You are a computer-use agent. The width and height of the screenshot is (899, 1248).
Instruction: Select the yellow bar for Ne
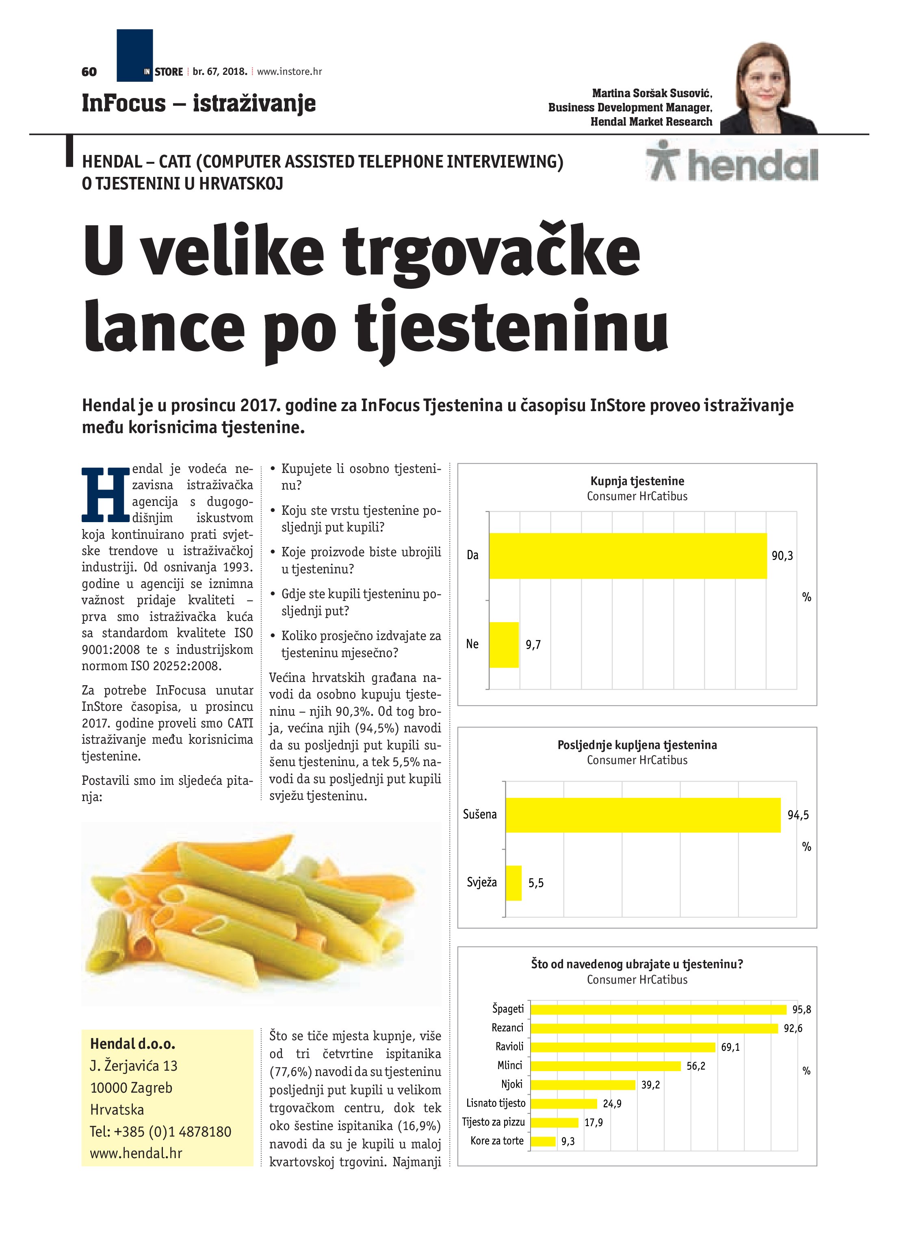(x=504, y=645)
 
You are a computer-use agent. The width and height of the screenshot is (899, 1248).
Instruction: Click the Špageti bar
(x=658, y=1009)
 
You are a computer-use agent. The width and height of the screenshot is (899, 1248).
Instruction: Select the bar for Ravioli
(x=622, y=1047)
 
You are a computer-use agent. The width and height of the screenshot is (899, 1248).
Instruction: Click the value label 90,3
(x=782, y=556)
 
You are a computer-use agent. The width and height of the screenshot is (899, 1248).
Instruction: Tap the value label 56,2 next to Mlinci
(x=695, y=1066)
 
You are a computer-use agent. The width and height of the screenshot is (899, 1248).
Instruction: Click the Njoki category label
(x=511, y=1084)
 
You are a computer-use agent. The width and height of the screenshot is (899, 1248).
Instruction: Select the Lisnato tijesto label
(x=496, y=1103)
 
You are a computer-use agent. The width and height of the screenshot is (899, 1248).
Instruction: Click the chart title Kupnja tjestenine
(x=637, y=481)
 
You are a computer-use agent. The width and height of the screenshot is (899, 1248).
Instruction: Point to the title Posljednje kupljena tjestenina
(x=637, y=745)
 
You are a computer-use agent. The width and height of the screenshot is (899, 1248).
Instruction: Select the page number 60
(x=89, y=72)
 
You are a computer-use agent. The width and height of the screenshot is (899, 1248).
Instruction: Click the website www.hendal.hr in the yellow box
(x=136, y=1153)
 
